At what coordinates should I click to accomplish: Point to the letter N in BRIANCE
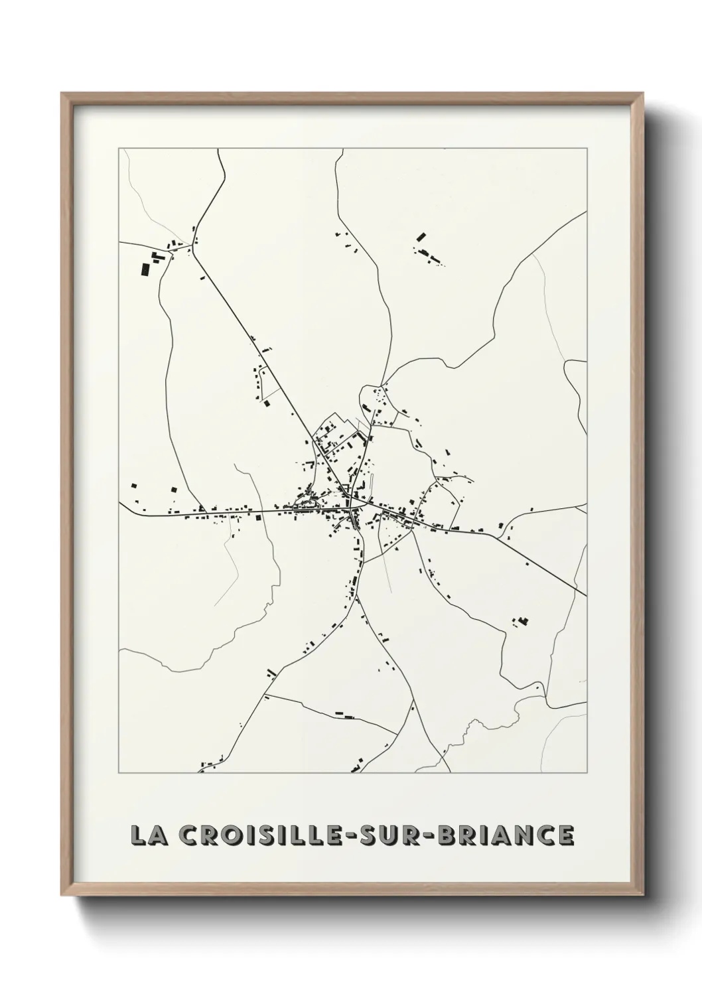[x=525, y=835]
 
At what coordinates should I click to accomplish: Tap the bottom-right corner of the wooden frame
[x=642, y=895]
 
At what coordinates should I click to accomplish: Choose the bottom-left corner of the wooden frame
[x=62, y=895]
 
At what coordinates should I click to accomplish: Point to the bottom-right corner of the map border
[x=587, y=773]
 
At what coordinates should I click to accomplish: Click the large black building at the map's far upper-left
[x=145, y=269]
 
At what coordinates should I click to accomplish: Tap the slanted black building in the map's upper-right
[x=421, y=236]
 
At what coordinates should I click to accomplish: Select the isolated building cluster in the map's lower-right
[x=522, y=622]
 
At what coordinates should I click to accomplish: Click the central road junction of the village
[x=351, y=508]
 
